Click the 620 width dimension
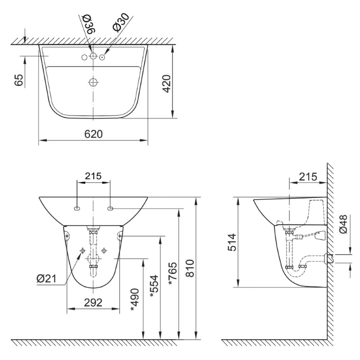[x=93, y=134]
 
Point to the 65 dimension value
[x=19, y=80]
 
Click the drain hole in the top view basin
[x=93, y=82]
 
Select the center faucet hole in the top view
[x=93, y=56]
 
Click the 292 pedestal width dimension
[x=93, y=302]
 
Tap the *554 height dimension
[x=154, y=286]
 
